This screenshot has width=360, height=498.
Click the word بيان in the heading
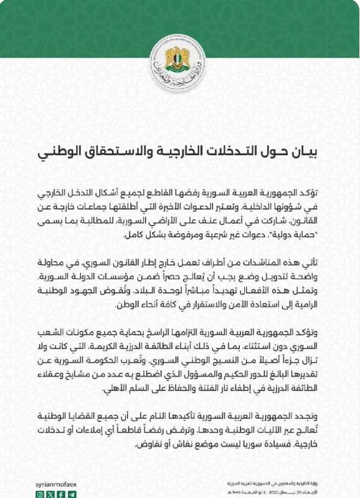point(309,151)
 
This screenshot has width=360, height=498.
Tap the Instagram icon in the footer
point(40,493)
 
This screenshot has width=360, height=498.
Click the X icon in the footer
point(51,493)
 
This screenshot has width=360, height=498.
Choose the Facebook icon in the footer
point(62,493)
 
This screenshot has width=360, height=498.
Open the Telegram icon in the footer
point(72,493)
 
